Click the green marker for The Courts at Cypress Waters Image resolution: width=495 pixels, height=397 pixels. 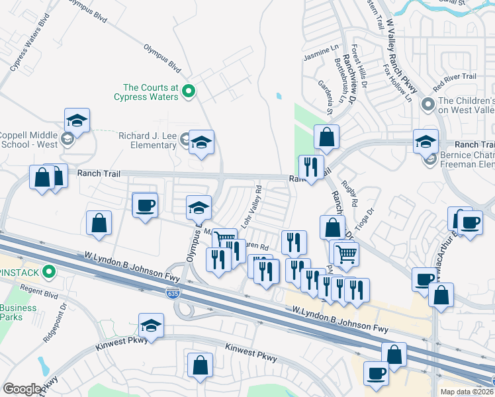click(188, 91)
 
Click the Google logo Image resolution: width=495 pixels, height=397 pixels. click(22, 389)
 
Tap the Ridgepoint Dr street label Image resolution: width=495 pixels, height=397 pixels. click(64, 320)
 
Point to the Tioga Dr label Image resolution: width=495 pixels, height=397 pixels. click(366, 217)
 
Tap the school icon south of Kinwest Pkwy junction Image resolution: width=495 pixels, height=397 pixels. click(151, 326)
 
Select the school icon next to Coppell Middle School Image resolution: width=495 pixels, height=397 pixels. click(77, 121)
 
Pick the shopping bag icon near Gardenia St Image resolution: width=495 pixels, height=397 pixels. click(327, 137)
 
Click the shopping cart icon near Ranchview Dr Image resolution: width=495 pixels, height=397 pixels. click(346, 253)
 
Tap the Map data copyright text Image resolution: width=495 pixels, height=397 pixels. click(467, 392)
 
